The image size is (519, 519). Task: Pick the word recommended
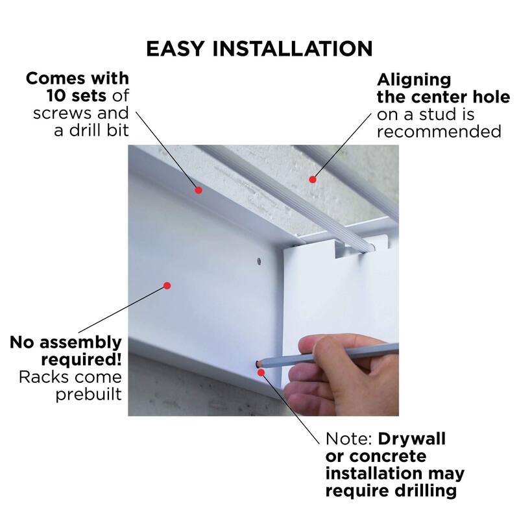pos(439,132)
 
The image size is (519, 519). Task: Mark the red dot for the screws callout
pos(199,190)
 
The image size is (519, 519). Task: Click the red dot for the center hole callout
pos(312,178)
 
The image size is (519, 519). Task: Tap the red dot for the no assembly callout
pos(167,285)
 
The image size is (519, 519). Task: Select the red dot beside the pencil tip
pos(260,372)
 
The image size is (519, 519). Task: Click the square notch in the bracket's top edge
pos(348,249)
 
